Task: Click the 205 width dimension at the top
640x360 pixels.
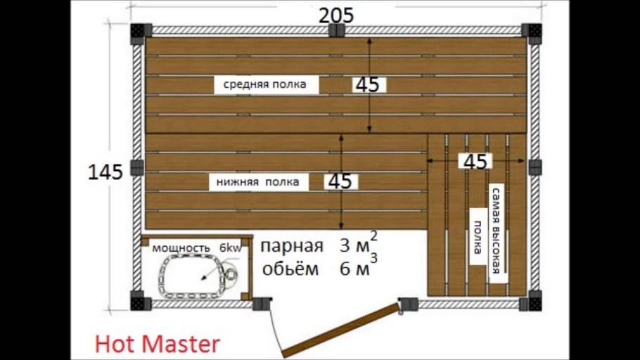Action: tap(336, 15)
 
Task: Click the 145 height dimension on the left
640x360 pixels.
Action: tap(105, 172)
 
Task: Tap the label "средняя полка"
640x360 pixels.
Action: tap(265, 85)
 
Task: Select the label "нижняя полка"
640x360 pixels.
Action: tap(257, 182)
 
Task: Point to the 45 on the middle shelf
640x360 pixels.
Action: tap(367, 85)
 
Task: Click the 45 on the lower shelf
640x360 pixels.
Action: tap(340, 181)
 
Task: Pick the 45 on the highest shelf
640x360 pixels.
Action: tap(475, 161)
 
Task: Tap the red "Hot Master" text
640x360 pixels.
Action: tap(157, 344)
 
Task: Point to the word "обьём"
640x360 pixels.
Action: tap(290, 269)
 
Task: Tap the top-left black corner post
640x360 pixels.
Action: tap(136, 32)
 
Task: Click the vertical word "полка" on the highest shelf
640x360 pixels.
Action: tap(478, 236)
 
